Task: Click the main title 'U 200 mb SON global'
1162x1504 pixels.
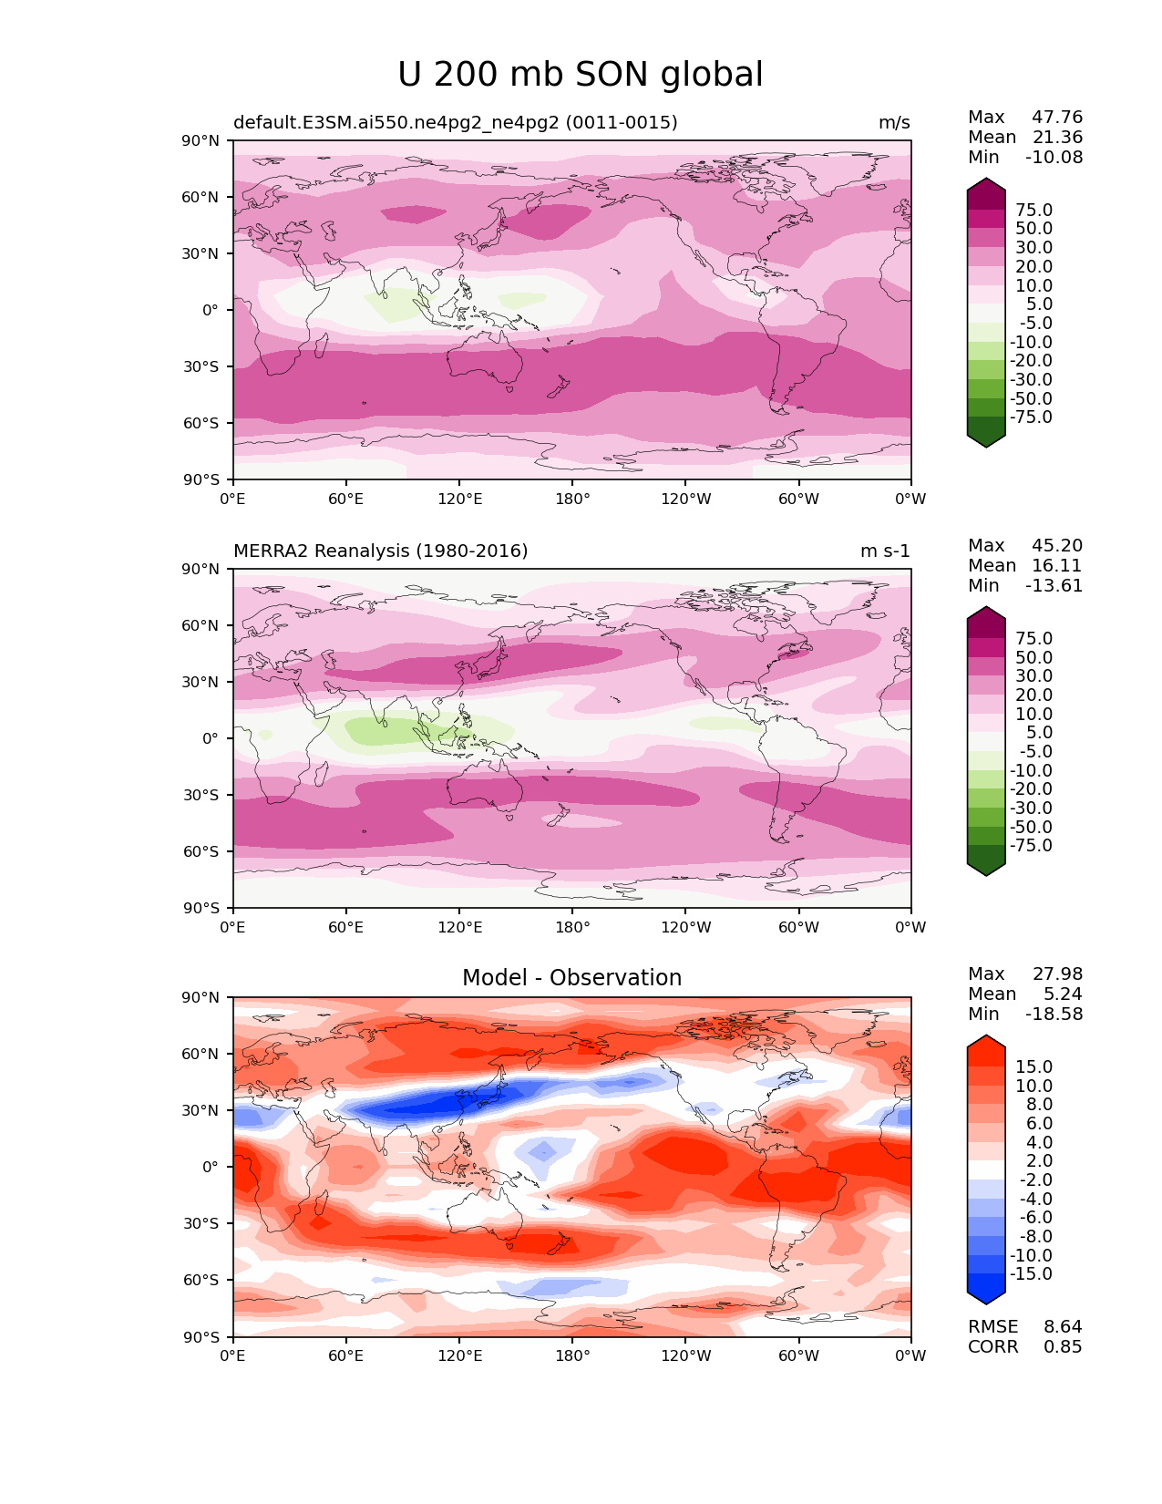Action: (580, 75)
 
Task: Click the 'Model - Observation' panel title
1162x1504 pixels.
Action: (571, 977)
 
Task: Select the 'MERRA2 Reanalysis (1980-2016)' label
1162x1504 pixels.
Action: (381, 551)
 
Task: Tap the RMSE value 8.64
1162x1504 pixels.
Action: (1063, 1326)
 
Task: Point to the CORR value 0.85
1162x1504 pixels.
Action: (1063, 1346)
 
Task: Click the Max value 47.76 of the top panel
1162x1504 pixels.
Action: (1057, 117)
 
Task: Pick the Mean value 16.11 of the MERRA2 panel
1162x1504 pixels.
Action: (1057, 565)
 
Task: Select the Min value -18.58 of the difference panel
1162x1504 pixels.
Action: (1054, 1014)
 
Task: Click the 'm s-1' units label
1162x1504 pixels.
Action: (885, 551)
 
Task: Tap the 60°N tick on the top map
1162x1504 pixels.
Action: (200, 197)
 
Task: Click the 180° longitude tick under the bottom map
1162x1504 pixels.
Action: (572, 1355)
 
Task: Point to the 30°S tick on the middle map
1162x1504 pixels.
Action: (201, 795)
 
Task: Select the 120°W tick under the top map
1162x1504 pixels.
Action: (686, 499)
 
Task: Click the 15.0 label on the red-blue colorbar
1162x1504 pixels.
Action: (1034, 1066)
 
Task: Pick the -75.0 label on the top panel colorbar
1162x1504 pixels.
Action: (1031, 417)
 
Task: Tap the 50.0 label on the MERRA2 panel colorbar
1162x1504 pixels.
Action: (1034, 657)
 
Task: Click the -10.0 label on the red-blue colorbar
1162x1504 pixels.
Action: (1031, 1255)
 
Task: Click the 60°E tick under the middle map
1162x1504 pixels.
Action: (346, 927)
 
